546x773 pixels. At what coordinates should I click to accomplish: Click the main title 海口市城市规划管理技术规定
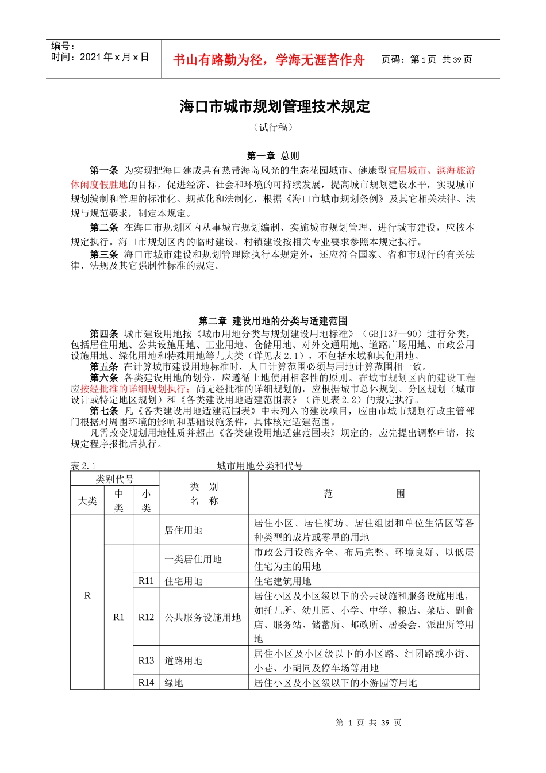[x=275, y=107]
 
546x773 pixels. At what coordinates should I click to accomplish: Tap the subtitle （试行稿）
[x=273, y=127]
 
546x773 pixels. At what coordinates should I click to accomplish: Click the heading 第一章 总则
[x=273, y=156]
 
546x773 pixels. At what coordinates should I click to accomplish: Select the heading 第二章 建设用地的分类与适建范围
[x=273, y=321]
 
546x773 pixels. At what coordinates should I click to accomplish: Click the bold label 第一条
[x=104, y=170]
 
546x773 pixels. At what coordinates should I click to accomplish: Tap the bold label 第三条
[x=104, y=254]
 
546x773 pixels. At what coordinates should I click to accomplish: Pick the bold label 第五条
[x=104, y=366]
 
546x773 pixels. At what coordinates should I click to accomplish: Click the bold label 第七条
[x=104, y=411]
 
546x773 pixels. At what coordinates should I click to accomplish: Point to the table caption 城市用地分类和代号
[x=260, y=466]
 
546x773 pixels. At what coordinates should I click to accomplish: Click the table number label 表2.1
[x=83, y=466]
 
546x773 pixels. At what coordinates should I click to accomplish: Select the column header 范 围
[x=364, y=493]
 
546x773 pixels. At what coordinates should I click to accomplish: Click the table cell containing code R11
[x=146, y=581]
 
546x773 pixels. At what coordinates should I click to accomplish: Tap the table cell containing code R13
[x=146, y=660]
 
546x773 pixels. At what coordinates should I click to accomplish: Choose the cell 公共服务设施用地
[x=203, y=617]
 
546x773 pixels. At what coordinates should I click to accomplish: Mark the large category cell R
[x=87, y=595]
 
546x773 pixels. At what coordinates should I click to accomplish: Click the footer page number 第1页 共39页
[x=368, y=722]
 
